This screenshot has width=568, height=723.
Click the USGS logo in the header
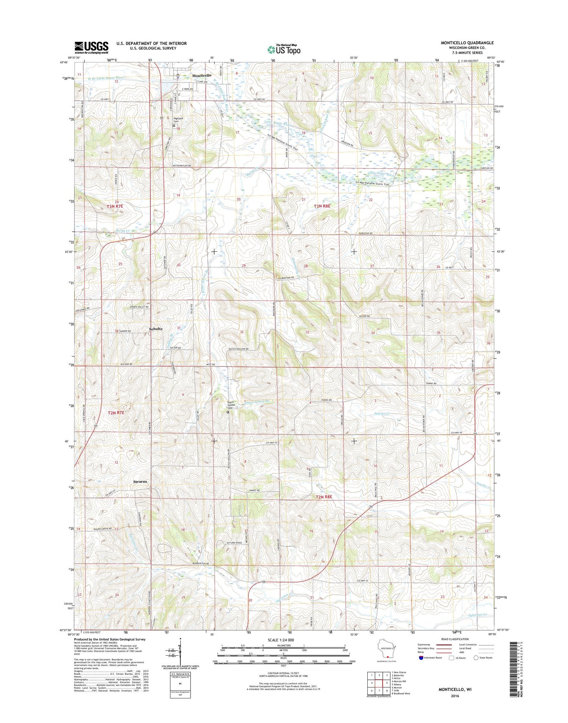coord(91,48)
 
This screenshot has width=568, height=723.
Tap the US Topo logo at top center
coord(284,49)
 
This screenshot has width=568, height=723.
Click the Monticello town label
coord(201,75)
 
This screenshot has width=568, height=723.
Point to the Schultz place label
coord(156,329)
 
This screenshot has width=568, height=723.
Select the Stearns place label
coord(140,481)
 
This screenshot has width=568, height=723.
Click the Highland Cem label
coord(178,120)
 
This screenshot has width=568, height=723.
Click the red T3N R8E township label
coord(322,206)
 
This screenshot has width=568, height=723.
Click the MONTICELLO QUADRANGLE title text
coord(467,43)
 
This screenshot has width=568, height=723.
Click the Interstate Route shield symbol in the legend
coord(421,658)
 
